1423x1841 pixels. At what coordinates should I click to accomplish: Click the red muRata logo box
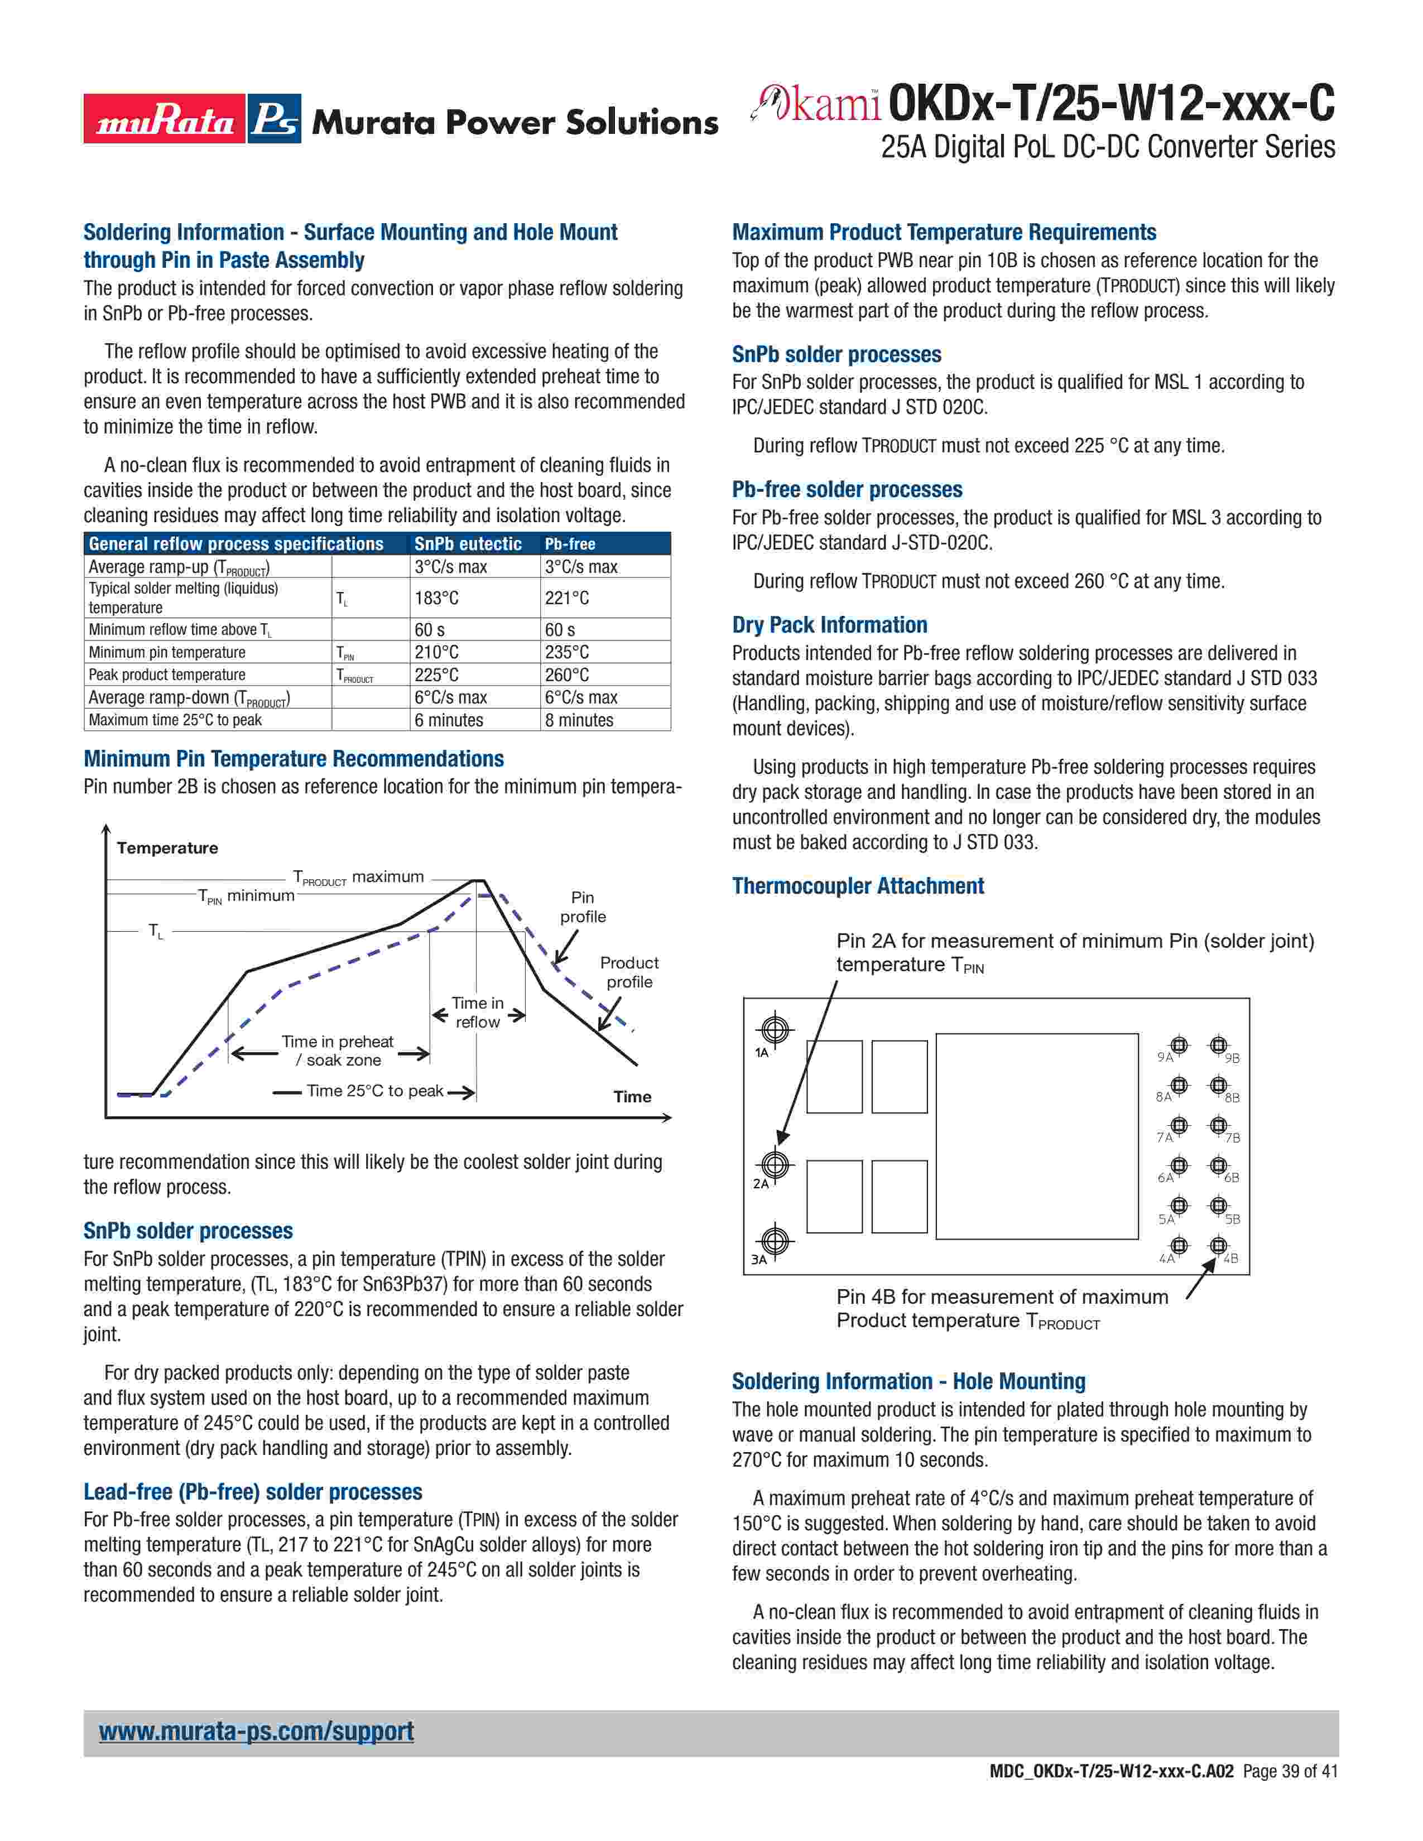click(x=164, y=119)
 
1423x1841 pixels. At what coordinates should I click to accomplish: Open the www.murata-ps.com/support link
click(x=256, y=1732)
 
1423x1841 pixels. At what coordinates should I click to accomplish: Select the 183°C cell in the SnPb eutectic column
click(x=437, y=597)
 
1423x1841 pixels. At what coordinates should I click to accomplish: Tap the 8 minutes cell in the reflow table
click(x=579, y=720)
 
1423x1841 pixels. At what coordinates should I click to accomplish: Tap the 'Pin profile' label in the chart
click(x=583, y=907)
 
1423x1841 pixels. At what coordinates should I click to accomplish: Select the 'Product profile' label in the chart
click(x=629, y=972)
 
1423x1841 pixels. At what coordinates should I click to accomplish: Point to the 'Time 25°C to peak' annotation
click(x=374, y=1091)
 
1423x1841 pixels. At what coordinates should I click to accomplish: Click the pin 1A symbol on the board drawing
click(x=774, y=1029)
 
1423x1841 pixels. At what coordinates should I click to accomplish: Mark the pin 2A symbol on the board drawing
click(x=774, y=1165)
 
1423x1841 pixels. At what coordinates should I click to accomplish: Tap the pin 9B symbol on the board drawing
click(x=1217, y=1045)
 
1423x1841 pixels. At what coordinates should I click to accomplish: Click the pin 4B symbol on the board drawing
click(x=1217, y=1245)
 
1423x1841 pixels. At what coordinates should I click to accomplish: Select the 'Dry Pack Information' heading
click(x=829, y=625)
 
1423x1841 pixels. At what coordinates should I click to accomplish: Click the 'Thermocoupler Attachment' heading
click(x=857, y=886)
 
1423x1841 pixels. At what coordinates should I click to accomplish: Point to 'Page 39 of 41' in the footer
click(x=1290, y=1795)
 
